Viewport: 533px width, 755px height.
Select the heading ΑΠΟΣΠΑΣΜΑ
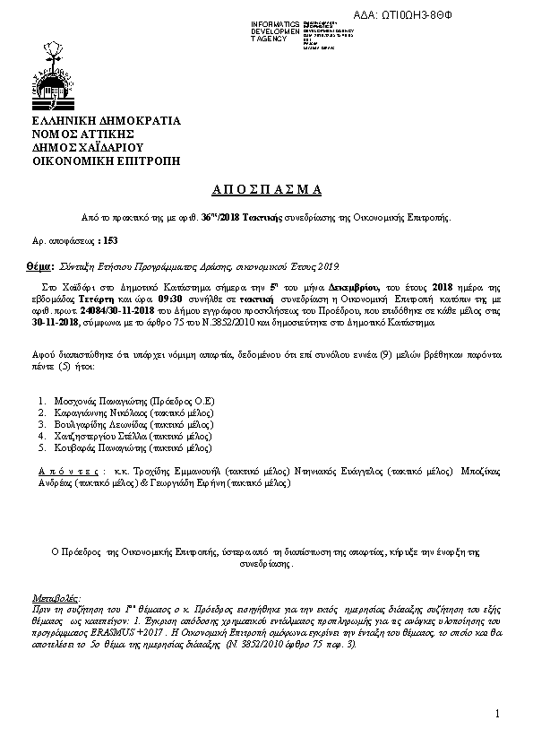tap(265, 189)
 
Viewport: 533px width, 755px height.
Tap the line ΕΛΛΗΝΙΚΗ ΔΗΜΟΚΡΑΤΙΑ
tap(107, 120)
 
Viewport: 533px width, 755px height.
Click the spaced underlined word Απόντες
tap(68, 470)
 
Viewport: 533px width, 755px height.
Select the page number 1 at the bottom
tap(496, 713)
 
